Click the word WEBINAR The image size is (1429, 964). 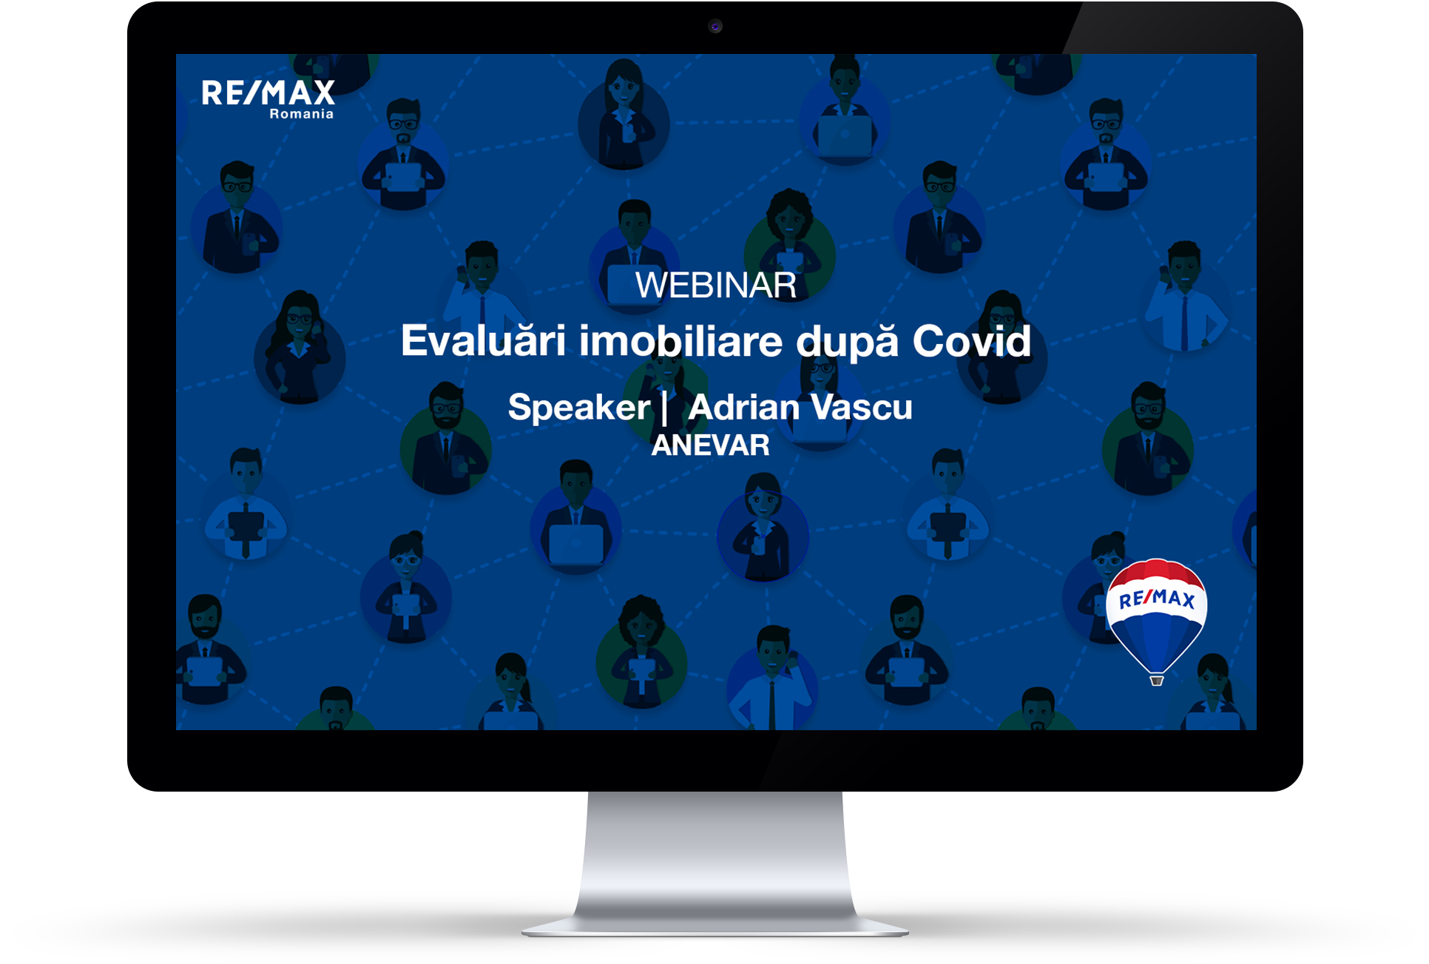tap(715, 286)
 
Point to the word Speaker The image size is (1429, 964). tap(579, 408)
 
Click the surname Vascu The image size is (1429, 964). tap(862, 407)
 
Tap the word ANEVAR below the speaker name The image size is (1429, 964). tap(710, 445)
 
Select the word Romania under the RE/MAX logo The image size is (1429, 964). tap(301, 114)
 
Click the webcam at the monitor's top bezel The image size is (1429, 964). tap(715, 27)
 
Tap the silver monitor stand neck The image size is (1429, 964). tap(715, 851)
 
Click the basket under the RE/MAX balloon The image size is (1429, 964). tap(1157, 681)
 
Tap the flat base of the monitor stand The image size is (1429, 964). tap(715, 927)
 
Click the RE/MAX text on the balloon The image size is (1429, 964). tap(1157, 599)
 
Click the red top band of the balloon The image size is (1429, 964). tap(1155, 571)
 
